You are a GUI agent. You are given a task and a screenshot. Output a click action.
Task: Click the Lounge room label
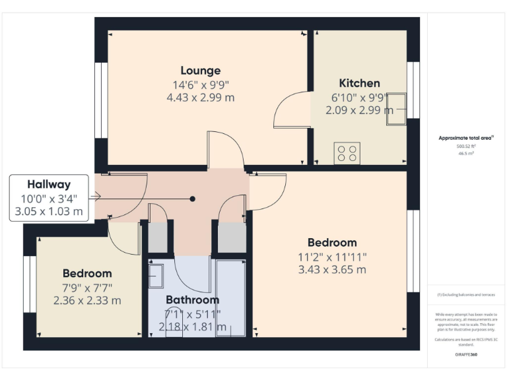[201, 71]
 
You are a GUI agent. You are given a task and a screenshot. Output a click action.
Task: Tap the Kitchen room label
[359, 83]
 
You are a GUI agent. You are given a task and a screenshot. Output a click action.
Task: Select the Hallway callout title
[49, 185]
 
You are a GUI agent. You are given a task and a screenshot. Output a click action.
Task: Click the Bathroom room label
[192, 300]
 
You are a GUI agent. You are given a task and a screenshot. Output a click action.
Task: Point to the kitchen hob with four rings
[347, 153]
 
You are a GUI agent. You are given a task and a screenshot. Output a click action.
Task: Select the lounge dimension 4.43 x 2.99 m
[201, 98]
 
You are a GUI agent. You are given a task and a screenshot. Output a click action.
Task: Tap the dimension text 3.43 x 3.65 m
[331, 269]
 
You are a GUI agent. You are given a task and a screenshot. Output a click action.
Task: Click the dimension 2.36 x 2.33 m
[87, 300]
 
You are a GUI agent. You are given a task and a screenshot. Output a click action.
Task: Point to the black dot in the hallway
[193, 199]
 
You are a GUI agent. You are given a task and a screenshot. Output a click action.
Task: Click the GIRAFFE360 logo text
[466, 355]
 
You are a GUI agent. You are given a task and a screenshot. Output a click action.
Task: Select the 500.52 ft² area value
[466, 146]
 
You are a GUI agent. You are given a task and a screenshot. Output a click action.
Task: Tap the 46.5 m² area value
[466, 153]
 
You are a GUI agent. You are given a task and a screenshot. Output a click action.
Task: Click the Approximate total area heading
[466, 138]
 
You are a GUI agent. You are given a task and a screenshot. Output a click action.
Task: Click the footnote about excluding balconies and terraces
[466, 295]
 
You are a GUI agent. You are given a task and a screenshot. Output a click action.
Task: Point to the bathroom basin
[156, 276]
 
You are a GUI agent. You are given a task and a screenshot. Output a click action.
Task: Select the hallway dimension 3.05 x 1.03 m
[49, 212]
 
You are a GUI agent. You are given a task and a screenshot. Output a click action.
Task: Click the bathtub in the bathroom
[230, 298]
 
